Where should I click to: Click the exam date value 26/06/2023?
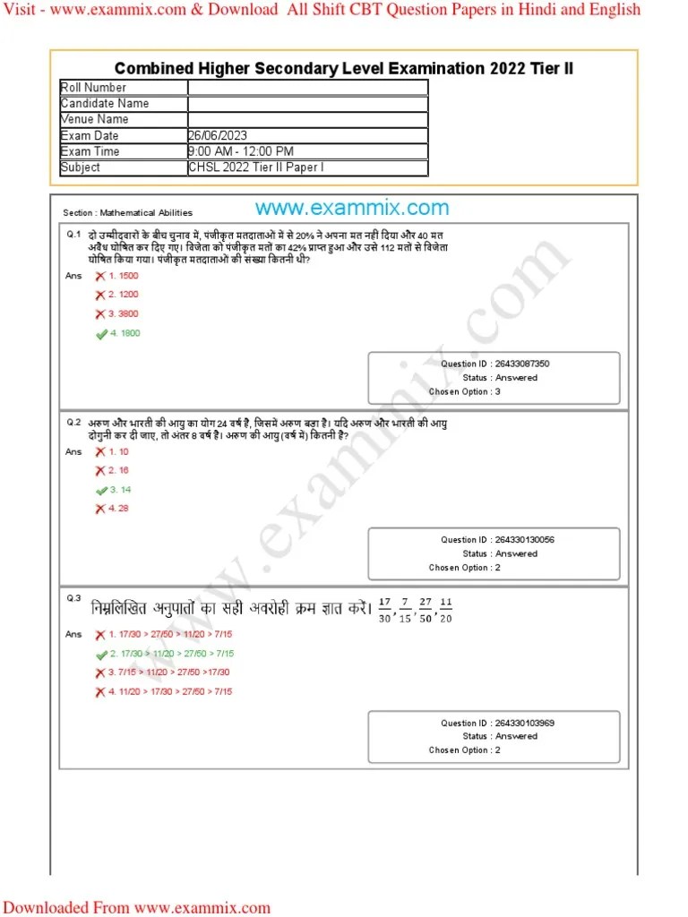[x=218, y=135]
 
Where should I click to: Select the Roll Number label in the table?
[x=93, y=87]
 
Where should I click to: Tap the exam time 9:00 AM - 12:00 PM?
[x=241, y=151]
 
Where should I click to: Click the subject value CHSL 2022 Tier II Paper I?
[x=256, y=167]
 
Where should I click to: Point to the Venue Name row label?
[x=94, y=119]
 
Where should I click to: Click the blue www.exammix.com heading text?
[x=352, y=209]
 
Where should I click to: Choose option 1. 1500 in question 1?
[x=124, y=276]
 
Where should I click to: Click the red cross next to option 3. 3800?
[x=100, y=314]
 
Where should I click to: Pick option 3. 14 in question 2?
[x=119, y=490]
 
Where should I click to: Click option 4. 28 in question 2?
[x=119, y=509]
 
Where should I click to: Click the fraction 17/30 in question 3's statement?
[x=385, y=609]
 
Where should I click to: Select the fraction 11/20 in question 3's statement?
[x=446, y=609]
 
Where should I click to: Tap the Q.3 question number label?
[x=73, y=598]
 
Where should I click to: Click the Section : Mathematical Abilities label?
[x=127, y=213]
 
